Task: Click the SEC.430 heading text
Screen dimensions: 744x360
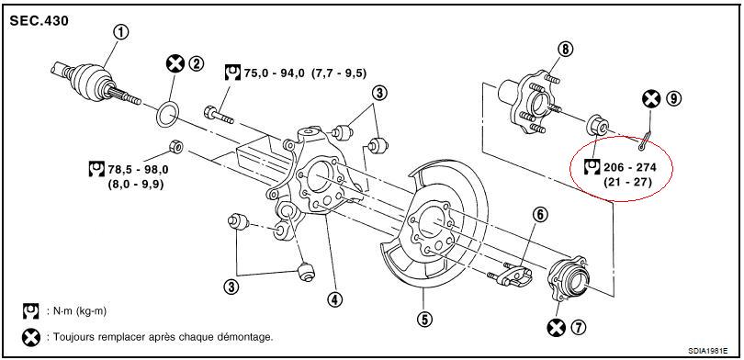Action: (39, 21)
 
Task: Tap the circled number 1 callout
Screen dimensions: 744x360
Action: (121, 33)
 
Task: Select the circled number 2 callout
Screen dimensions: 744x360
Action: (196, 63)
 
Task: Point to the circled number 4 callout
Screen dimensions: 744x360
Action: (334, 299)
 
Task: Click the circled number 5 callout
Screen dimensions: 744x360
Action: (424, 319)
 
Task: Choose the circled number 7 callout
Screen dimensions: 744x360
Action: (579, 327)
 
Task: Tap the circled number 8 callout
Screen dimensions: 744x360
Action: (565, 49)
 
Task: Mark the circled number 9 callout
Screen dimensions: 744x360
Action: (673, 98)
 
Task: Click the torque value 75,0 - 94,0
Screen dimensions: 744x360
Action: (276, 73)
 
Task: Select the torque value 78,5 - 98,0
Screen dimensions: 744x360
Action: (139, 169)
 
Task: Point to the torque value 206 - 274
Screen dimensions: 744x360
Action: (630, 167)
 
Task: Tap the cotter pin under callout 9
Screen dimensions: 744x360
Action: (645, 141)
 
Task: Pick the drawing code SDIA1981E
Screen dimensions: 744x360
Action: (708, 352)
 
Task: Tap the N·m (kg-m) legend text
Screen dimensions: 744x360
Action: (77, 311)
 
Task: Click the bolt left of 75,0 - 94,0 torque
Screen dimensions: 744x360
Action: (219, 116)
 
